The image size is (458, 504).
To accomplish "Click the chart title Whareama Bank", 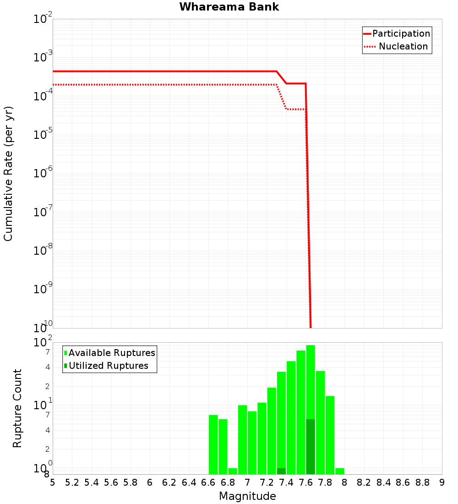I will [x=229, y=7].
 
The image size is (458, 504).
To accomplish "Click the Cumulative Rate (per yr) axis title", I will [x=8, y=173].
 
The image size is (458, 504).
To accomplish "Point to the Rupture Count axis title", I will [x=17, y=408].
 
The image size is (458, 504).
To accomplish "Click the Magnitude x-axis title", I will [x=247, y=496].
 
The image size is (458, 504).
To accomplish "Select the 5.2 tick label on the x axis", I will [x=72, y=482].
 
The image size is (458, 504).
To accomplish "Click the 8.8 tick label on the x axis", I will [x=423, y=482].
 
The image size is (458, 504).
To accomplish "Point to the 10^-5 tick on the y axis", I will [x=42, y=135].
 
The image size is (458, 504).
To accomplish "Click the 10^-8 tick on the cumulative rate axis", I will [x=42, y=251].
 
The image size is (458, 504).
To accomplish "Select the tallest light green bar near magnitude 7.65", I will [x=311, y=380].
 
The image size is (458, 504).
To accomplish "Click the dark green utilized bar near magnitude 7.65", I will [x=311, y=447].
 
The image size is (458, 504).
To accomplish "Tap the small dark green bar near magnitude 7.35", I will [x=281, y=471].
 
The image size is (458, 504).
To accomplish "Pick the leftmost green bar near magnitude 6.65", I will [x=213, y=444].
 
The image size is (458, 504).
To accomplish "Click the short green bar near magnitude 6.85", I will [x=233, y=471].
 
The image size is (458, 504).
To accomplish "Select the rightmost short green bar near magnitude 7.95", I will [x=339, y=471].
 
